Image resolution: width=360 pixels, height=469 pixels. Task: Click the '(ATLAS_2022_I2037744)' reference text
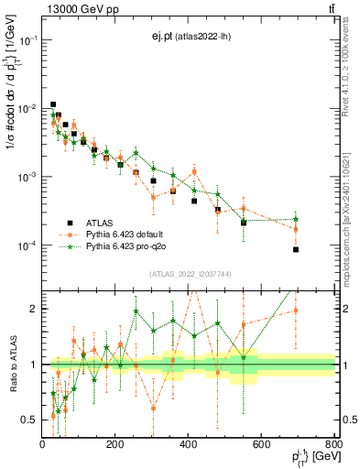(x=188, y=275)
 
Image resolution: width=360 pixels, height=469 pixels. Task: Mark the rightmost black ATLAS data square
(x=296, y=249)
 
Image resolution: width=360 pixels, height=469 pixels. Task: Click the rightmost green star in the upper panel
(x=296, y=219)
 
